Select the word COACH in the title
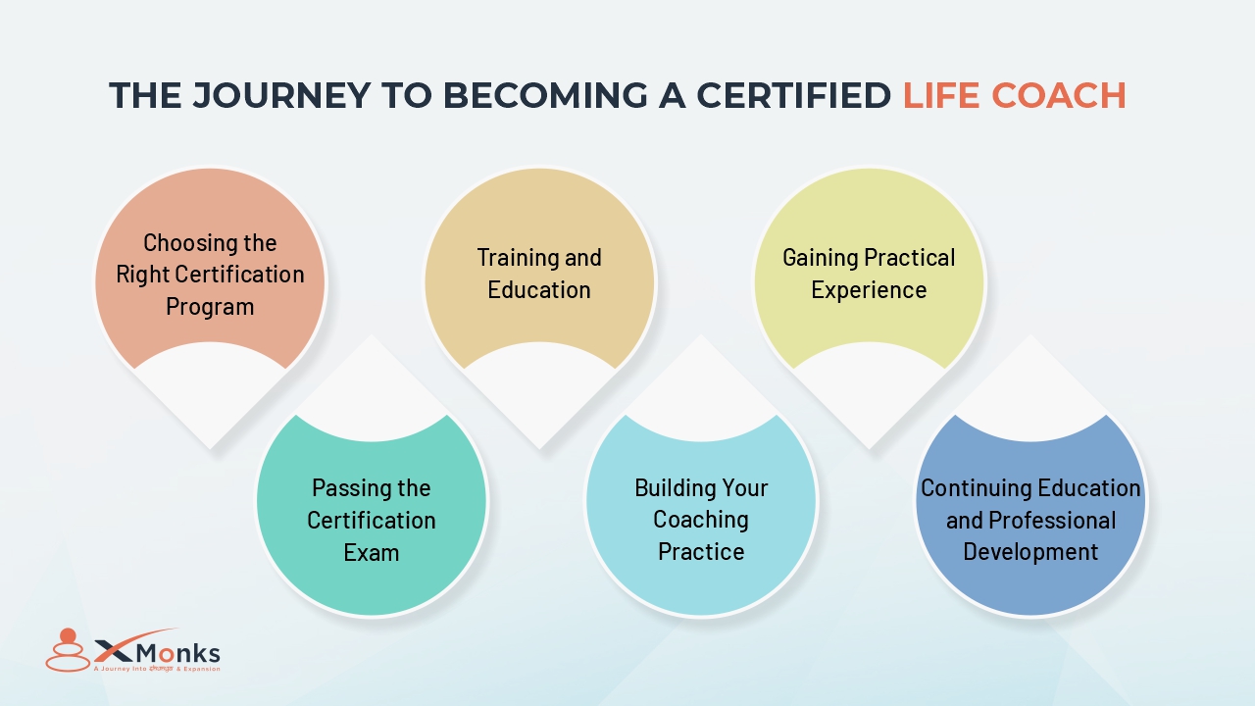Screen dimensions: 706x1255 pyautogui.click(x=1065, y=96)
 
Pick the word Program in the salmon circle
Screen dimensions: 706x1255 pyautogui.click(x=210, y=307)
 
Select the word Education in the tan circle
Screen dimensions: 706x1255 pyautogui.click(x=539, y=290)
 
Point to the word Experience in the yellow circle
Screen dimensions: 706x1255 pyautogui.click(x=869, y=290)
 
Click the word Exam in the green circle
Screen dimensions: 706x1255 pyautogui.click(x=372, y=552)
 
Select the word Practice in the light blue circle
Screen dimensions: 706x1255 pyautogui.click(x=701, y=552)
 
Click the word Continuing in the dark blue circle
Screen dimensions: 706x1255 pyautogui.click(x=976, y=488)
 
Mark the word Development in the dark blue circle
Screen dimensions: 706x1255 pyautogui.click(x=1030, y=552)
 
